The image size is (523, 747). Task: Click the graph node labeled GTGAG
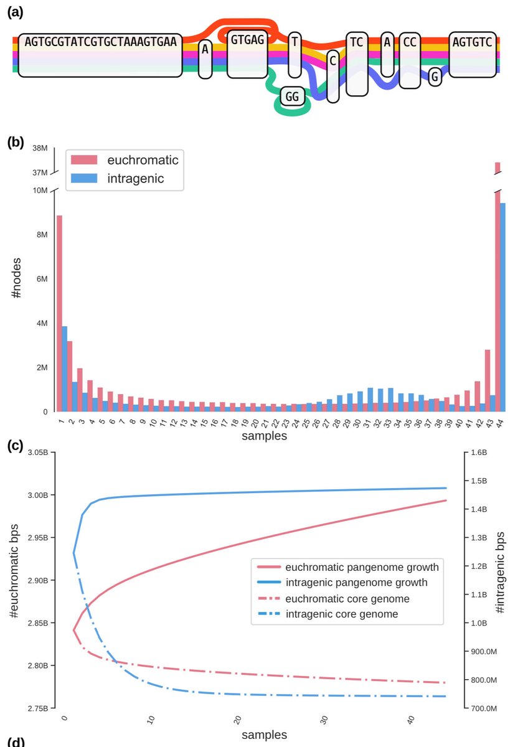tap(247, 54)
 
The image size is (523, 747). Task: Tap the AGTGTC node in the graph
tap(472, 54)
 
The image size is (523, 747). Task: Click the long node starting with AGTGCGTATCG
tap(100, 55)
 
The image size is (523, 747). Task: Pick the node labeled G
tap(435, 77)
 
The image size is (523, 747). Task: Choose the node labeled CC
tap(409, 60)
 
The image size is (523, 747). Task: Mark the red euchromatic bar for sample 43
tap(488, 380)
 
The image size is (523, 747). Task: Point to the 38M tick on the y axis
tap(40, 148)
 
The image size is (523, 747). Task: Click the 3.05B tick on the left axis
tap(36, 453)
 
